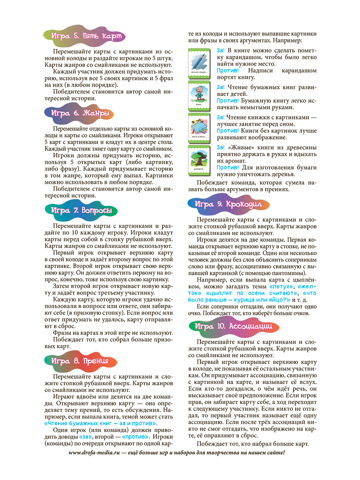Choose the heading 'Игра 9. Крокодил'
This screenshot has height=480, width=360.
[x=228, y=204]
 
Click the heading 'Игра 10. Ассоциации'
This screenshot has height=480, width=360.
[x=234, y=326]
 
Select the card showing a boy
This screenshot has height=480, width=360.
[x=200, y=95]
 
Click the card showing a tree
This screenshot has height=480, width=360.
[x=200, y=160]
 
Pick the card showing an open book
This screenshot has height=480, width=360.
[x=200, y=128]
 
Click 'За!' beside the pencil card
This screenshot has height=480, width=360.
[x=221, y=50]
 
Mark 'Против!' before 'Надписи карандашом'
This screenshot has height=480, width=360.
[x=228, y=71]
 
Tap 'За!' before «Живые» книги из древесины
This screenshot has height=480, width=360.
[x=221, y=147]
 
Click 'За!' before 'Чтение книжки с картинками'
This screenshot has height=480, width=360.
[x=221, y=117]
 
